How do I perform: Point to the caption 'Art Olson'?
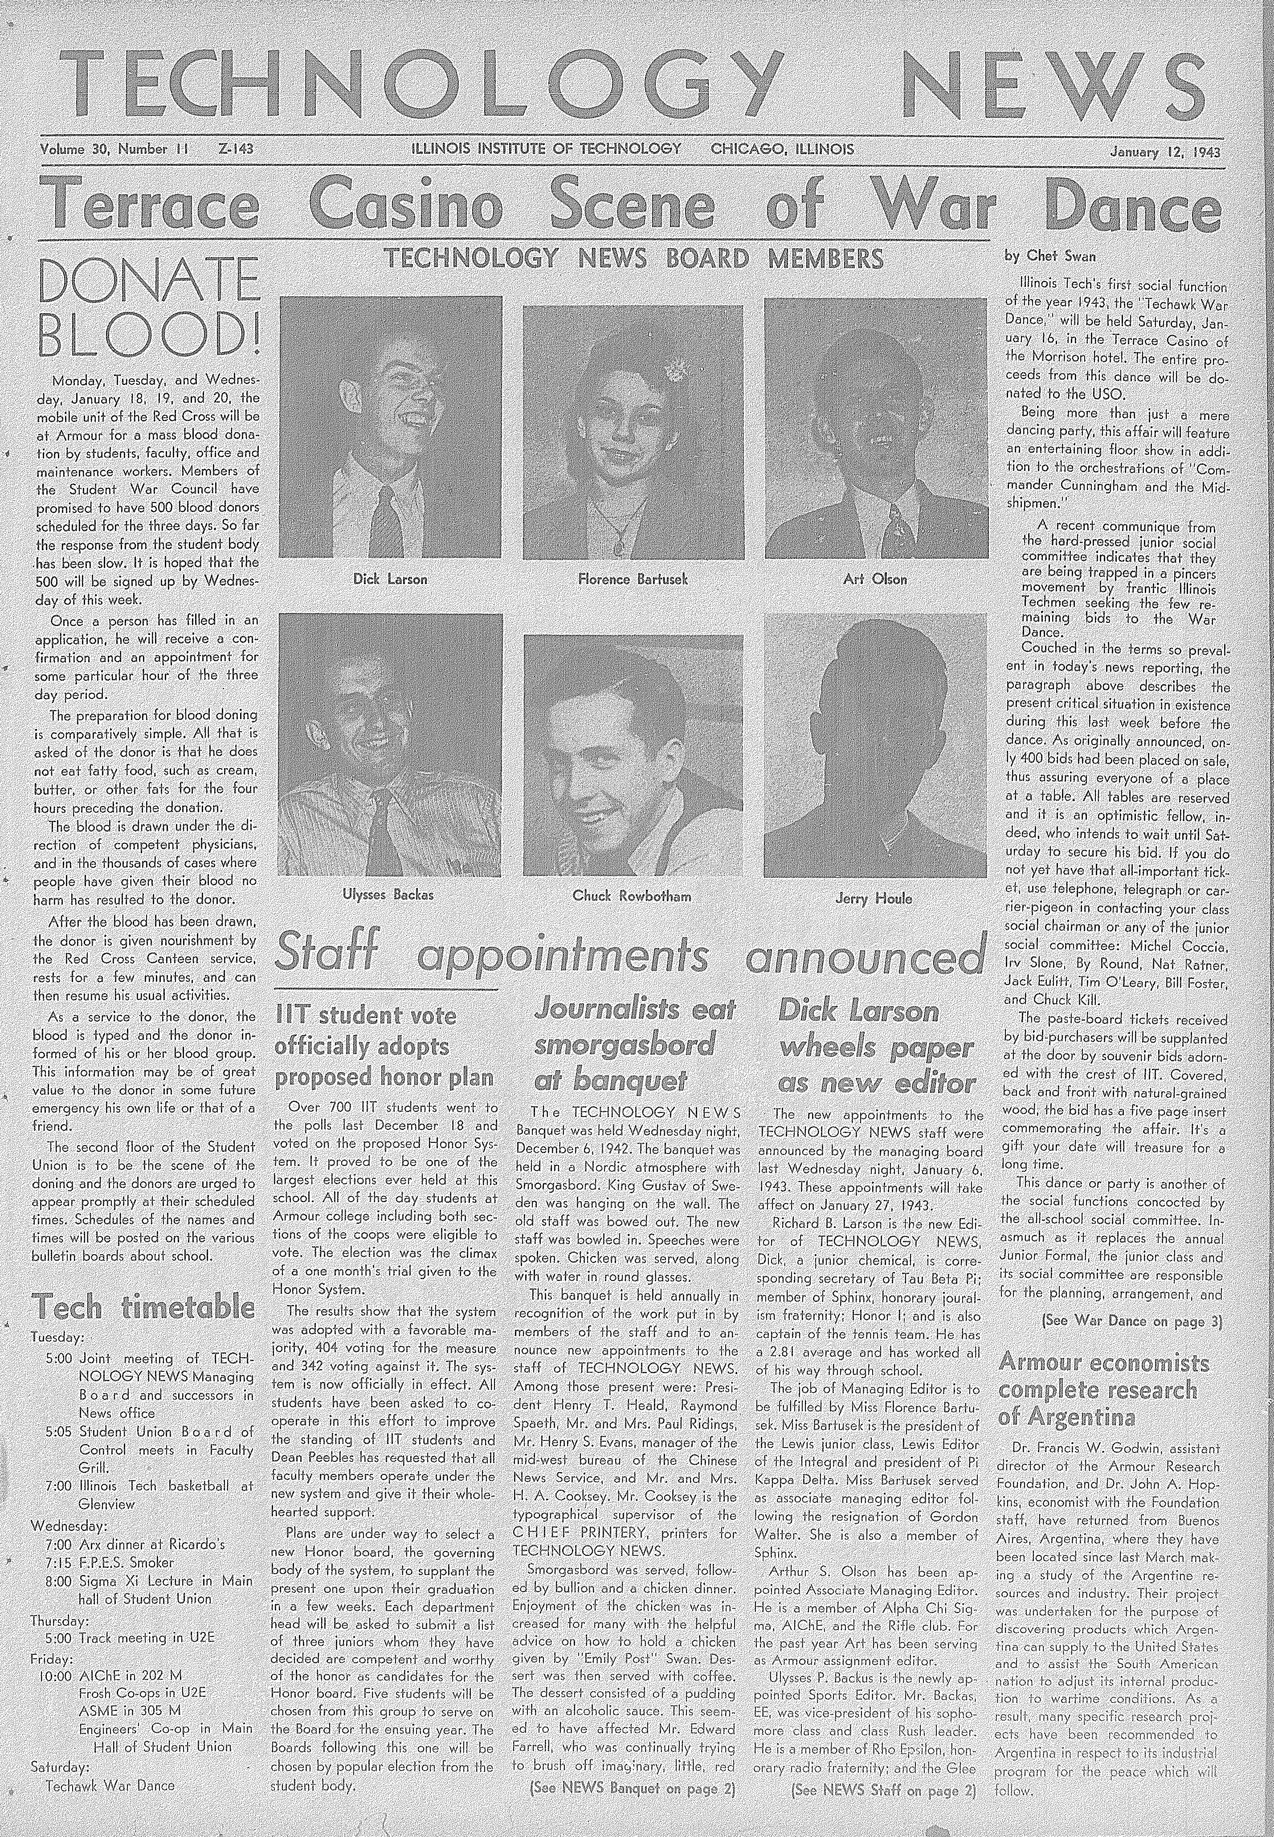pos(875,580)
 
